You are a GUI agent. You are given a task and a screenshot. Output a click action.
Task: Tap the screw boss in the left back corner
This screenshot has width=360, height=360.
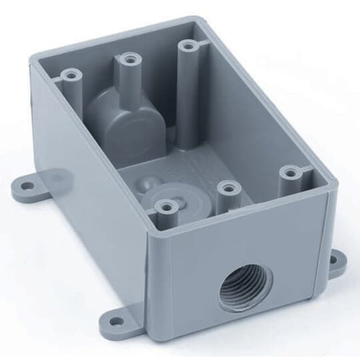coord(70,73)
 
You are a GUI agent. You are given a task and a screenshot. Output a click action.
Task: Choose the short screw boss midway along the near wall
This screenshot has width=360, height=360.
coord(228,189)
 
